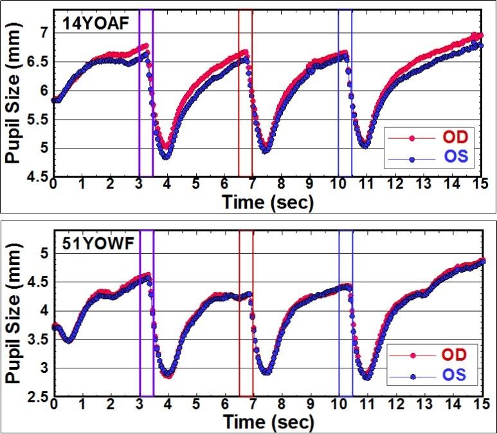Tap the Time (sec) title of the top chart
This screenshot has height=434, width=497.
(267, 203)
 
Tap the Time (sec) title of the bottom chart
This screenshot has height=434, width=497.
(267, 422)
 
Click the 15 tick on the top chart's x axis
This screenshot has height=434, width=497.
(481, 185)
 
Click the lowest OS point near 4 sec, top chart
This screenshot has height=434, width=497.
(165, 156)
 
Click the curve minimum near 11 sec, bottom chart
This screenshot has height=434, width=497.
(366, 377)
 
